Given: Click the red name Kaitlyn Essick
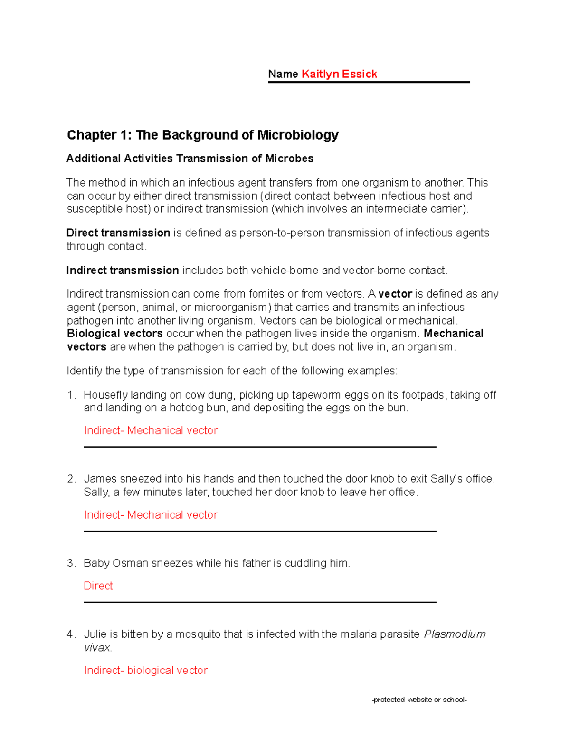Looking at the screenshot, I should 339,74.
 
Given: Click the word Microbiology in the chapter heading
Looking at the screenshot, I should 298,135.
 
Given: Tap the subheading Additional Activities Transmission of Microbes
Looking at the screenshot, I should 190,159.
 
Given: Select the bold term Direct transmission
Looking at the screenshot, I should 118,233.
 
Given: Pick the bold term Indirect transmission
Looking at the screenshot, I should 123,271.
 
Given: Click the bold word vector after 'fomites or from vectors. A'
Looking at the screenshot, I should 395,294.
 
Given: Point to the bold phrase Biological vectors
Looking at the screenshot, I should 115,334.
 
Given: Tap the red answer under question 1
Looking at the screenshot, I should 151,430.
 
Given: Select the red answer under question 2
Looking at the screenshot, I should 151,515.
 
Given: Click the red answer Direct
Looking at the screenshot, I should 98,586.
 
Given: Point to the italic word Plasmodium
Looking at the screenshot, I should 455,634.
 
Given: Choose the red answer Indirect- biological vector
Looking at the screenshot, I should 146,671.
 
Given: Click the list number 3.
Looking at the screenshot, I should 71,563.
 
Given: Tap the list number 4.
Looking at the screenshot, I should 71,634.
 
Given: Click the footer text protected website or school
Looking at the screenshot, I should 419,700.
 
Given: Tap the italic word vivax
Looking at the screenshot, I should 97,648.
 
